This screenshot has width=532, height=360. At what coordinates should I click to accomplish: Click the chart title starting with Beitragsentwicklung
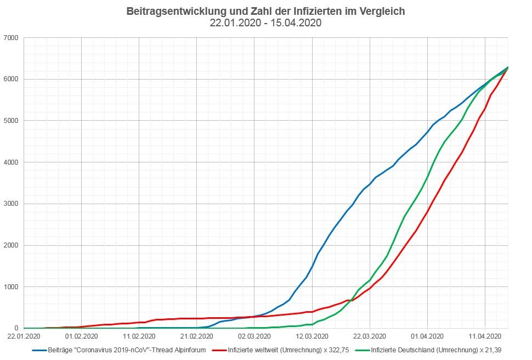pyautogui.click(x=265, y=11)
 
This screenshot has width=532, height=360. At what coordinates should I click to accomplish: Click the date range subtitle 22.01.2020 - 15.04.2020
pyautogui.click(x=265, y=23)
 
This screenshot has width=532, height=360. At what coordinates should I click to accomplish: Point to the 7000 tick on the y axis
pyautogui.click(x=11, y=38)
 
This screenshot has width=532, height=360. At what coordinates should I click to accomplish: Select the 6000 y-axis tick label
pyautogui.click(x=11, y=79)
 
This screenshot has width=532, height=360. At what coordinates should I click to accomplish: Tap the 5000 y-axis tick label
pyautogui.click(x=11, y=121)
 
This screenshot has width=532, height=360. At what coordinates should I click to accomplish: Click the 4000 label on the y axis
pyautogui.click(x=11, y=162)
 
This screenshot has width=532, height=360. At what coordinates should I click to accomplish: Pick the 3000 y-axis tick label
pyautogui.click(x=11, y=204)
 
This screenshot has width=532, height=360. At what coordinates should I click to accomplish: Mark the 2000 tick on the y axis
pyautogui.click(x=11, y=245)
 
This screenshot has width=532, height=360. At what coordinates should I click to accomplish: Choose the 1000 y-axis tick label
pyautogui.click(x=11, y=287)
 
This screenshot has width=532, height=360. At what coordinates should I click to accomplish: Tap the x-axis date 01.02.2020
pyautogui.click(x=81, y=336)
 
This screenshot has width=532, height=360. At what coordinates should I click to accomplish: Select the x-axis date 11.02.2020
pyautogui.click(x=139, y=336)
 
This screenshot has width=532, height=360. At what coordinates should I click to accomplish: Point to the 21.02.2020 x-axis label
pyautogui.click(x=197, y=336)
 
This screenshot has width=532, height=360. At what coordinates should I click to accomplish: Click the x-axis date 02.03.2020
pyautogui.click(x=254, y=336)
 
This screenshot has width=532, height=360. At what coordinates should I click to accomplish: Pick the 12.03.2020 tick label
pyautogui.click(x=313, y=336)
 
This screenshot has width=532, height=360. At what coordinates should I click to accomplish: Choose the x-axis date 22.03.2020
pyautogui.click(x=370, y=336)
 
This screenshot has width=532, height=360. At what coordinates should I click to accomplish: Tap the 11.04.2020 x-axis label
pyautogui.click(x=486, y=336)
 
